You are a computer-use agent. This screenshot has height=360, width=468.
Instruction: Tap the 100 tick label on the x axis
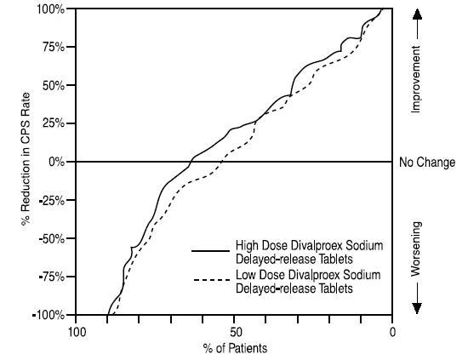77,331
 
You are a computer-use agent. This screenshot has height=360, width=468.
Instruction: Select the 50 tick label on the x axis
235,331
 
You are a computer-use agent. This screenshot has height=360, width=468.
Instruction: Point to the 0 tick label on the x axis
392,331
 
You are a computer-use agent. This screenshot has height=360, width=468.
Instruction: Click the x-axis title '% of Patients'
234,348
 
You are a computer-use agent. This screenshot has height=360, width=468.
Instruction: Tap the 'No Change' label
427,162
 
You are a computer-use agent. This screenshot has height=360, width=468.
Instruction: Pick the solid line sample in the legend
208,251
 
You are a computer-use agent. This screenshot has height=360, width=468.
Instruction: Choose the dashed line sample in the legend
208,281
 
